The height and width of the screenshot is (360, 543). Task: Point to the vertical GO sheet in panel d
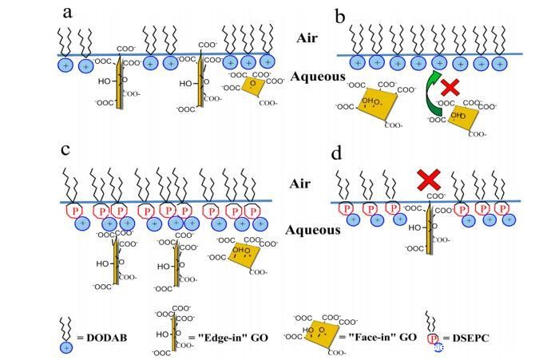pos(429,231)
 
